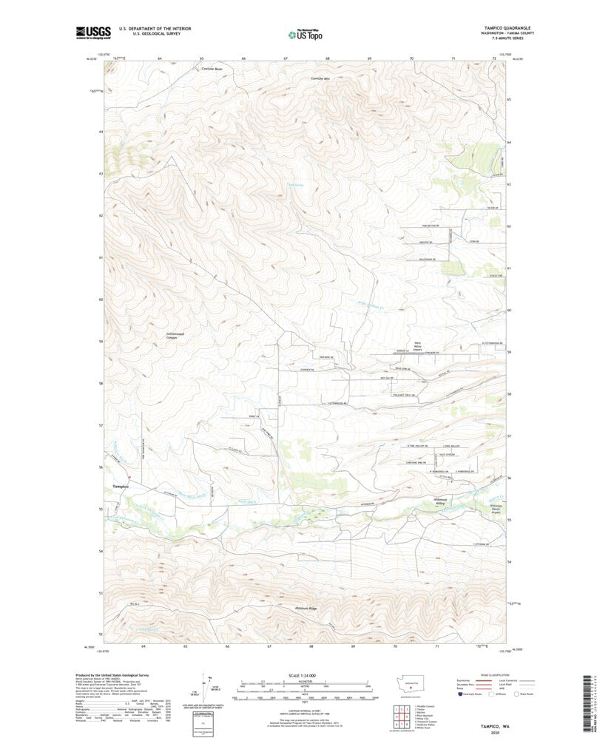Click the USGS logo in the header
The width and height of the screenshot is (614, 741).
point(92,32)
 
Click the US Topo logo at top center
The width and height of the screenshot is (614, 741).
point(305,33)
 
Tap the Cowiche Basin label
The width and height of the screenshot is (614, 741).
point(212,69)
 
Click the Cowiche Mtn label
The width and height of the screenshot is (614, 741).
point(320,77)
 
